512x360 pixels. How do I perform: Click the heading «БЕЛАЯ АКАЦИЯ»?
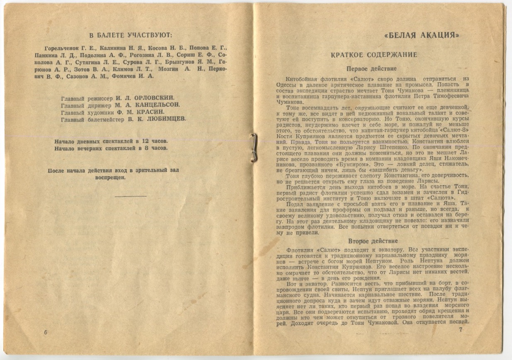click(x=422, y=35)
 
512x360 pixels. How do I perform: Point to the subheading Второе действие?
click(x=373, y=241)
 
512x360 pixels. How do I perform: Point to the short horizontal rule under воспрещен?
click(x=131, y=196)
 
